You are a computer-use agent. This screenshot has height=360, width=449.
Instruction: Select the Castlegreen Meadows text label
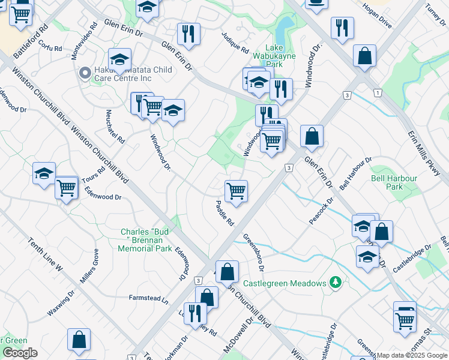tap(285, 283)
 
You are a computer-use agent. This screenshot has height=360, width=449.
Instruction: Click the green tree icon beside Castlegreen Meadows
tap(336, 282)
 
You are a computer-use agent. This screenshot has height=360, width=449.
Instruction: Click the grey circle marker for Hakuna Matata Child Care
tap(85, 74)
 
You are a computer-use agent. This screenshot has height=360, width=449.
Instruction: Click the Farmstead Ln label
tap(148, 298)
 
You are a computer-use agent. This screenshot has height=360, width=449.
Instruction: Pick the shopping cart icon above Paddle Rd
tap(236, 191)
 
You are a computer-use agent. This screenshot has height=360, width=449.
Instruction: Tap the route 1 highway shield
tap(376, 92)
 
